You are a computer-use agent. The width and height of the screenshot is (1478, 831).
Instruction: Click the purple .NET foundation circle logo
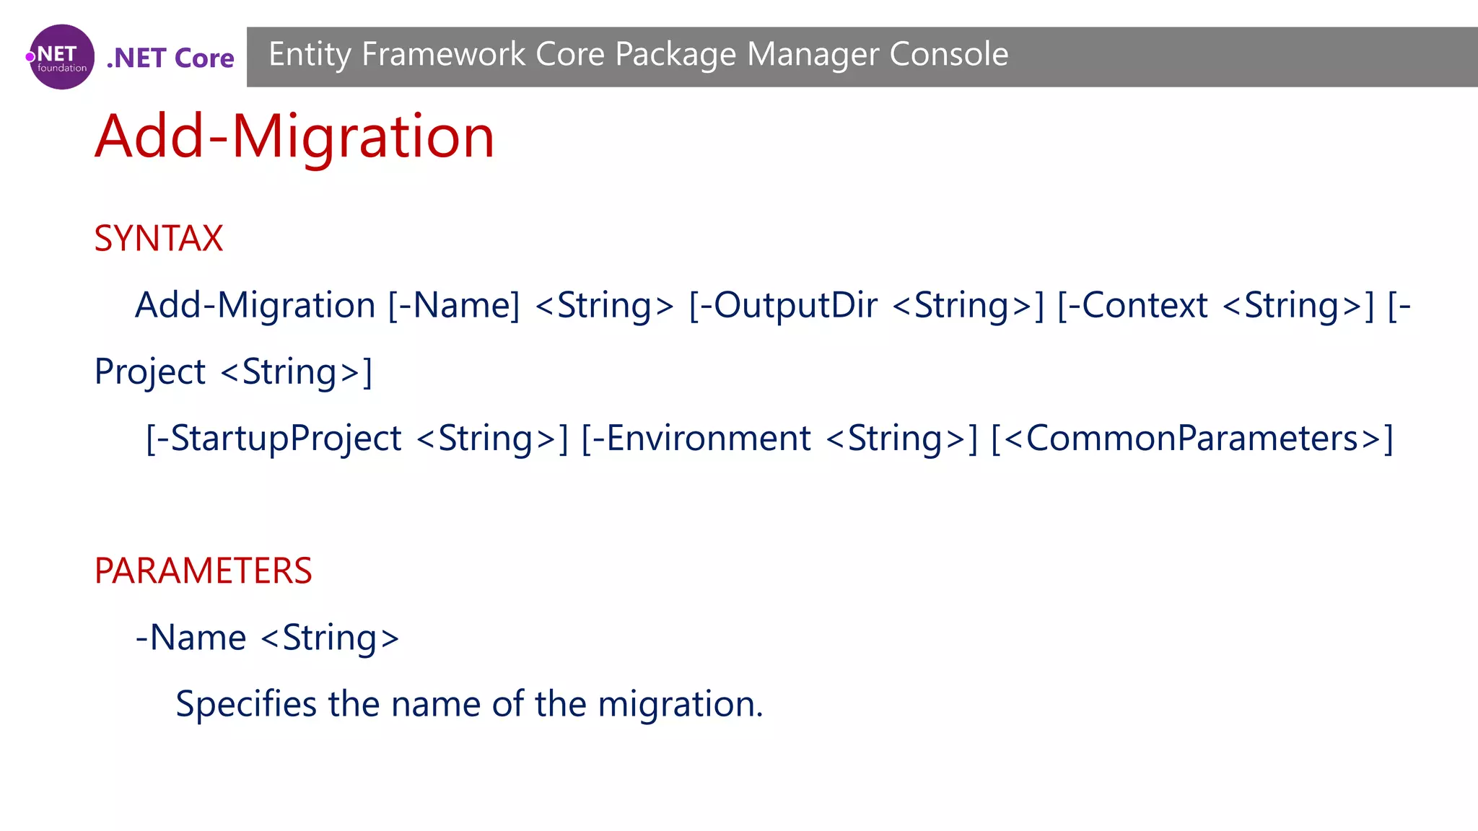61,57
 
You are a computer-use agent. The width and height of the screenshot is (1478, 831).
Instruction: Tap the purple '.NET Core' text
170,58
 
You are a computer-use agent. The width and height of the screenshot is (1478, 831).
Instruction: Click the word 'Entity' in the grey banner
310,55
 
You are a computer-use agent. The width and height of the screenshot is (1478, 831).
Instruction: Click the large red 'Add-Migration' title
294,136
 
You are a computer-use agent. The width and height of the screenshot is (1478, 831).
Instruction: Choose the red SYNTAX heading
159,238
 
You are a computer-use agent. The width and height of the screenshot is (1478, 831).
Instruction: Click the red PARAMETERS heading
203,571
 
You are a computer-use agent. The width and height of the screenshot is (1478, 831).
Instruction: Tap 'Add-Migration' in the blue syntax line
255,305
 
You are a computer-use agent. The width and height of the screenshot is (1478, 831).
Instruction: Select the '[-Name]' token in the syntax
454,305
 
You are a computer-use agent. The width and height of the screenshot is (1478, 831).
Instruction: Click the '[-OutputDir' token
783,305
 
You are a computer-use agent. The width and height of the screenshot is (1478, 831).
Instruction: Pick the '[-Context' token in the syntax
1132,305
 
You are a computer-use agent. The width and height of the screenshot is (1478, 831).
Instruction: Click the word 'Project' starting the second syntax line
150,372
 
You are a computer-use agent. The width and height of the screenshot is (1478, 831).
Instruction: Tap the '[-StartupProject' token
274,439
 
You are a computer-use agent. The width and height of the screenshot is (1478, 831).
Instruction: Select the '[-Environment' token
696,439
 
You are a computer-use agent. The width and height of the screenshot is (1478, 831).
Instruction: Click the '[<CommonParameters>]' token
1192,439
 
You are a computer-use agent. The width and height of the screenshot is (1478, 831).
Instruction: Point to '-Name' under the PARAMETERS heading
191,638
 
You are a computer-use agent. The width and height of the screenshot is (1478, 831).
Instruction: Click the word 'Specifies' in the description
246,704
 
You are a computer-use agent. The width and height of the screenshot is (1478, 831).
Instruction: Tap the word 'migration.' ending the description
680,704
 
